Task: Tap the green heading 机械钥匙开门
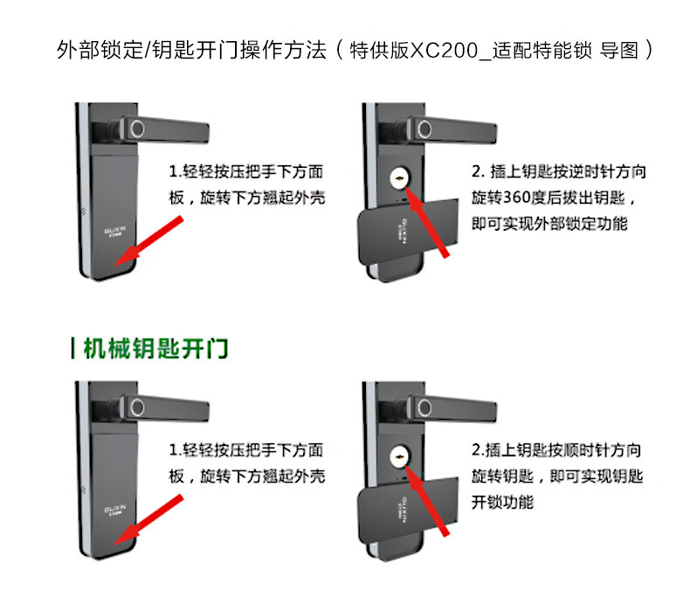[x=155, y=348]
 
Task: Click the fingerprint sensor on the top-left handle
[x=136, y=131]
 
